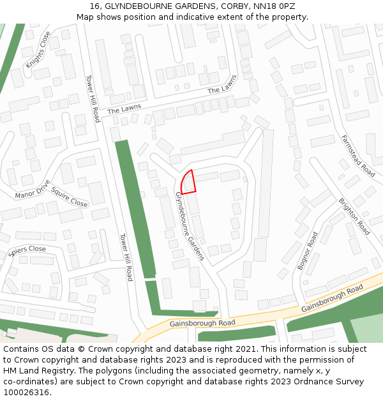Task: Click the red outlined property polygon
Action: tap(187, 183)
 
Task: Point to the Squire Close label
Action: tap(69, 197)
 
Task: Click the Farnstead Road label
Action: tap(357, 156)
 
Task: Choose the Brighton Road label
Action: tap(354, 216)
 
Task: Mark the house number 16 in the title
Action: tap(95, 6)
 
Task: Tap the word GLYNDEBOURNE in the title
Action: tap(133, 6)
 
